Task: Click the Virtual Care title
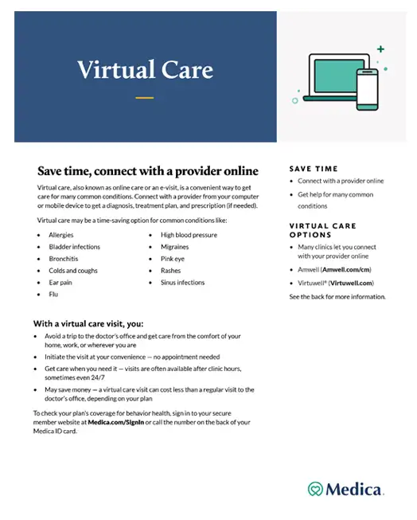(x=145, y=70)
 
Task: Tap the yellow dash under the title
(x=144, y=98)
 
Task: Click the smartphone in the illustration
(x=367, y=89)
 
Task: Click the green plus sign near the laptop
(x=380, y=49)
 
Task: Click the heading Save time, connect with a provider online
(x=148, y=170)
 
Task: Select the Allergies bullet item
(x=60, y=235)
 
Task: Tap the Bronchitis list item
(x=64, y=259)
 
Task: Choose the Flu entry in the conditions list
(x=53, y=295)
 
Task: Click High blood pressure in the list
(x=189, y=235)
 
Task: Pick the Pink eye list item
(x=173, y=259)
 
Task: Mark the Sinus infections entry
(x=182, y=283)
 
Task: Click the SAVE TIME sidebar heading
(x=313, y=169)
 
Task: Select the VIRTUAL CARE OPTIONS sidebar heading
(x=322, y=230)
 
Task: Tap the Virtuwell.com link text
(x=351, y=283)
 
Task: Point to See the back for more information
(x=337, y=296)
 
